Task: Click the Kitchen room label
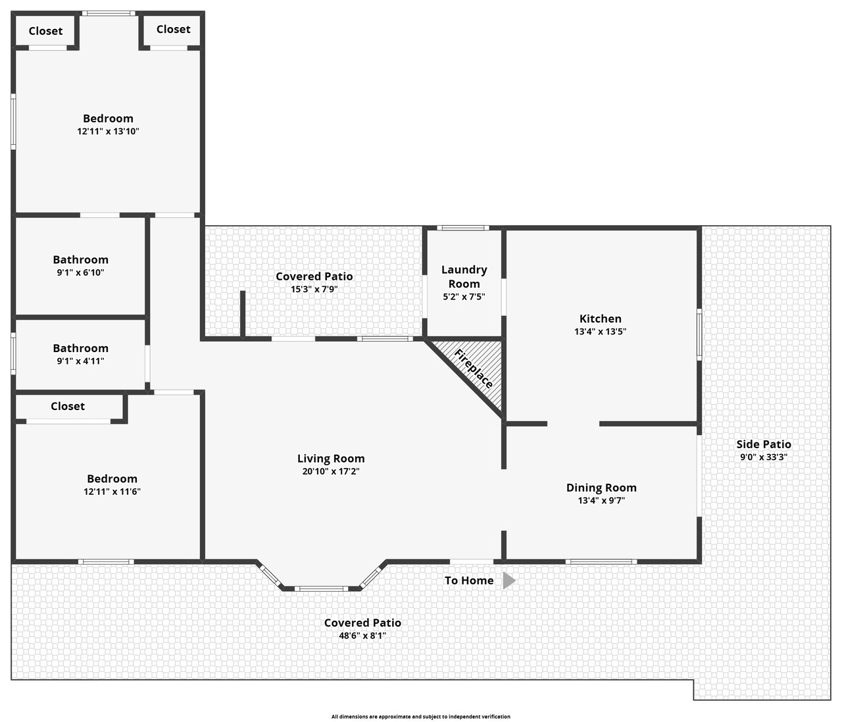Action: [x=600, y=319]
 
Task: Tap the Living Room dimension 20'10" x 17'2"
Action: [x=331, y=471]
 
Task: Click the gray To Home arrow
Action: [x=509, y=580]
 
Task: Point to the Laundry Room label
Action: [x=464, y=276]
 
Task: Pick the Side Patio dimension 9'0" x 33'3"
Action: [x=763, y=457]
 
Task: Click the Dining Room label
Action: [x=601, y=488]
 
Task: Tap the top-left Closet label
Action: [x=45, y=31]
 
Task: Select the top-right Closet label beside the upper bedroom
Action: [x=173, y=30]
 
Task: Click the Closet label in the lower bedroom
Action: [x=68, y=406]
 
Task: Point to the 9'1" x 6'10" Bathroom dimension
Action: [x=81, y=272]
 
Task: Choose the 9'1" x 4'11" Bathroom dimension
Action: [x=81, y=361]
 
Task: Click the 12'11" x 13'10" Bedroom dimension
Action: [x=108, y=131]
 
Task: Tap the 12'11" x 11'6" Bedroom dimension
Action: [x=112, y=492]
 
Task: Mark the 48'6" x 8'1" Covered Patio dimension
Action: [x=362, y=636]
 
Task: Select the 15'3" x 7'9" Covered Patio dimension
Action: [x=314, y=289]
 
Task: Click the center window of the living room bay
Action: [x=322, y=588]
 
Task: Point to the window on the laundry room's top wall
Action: [x=462, y=228]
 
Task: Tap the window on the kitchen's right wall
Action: [x=699, y=334]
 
